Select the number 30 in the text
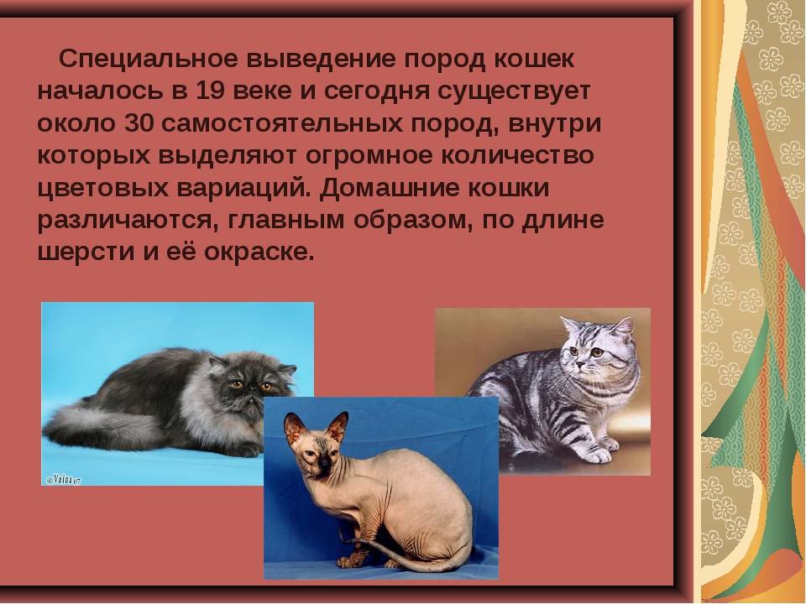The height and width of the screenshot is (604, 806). point(139,124)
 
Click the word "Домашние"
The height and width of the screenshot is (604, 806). point(389,188)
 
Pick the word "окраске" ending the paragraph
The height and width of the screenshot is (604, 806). point(259,253)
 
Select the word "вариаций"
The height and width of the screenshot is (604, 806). point(244,188)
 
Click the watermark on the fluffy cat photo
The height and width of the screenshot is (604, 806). point(64,480)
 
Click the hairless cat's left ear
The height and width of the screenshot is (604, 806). point(295,429)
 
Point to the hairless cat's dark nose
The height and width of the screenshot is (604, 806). point(323,463)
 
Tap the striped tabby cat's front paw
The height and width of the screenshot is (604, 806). point(595,454)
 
